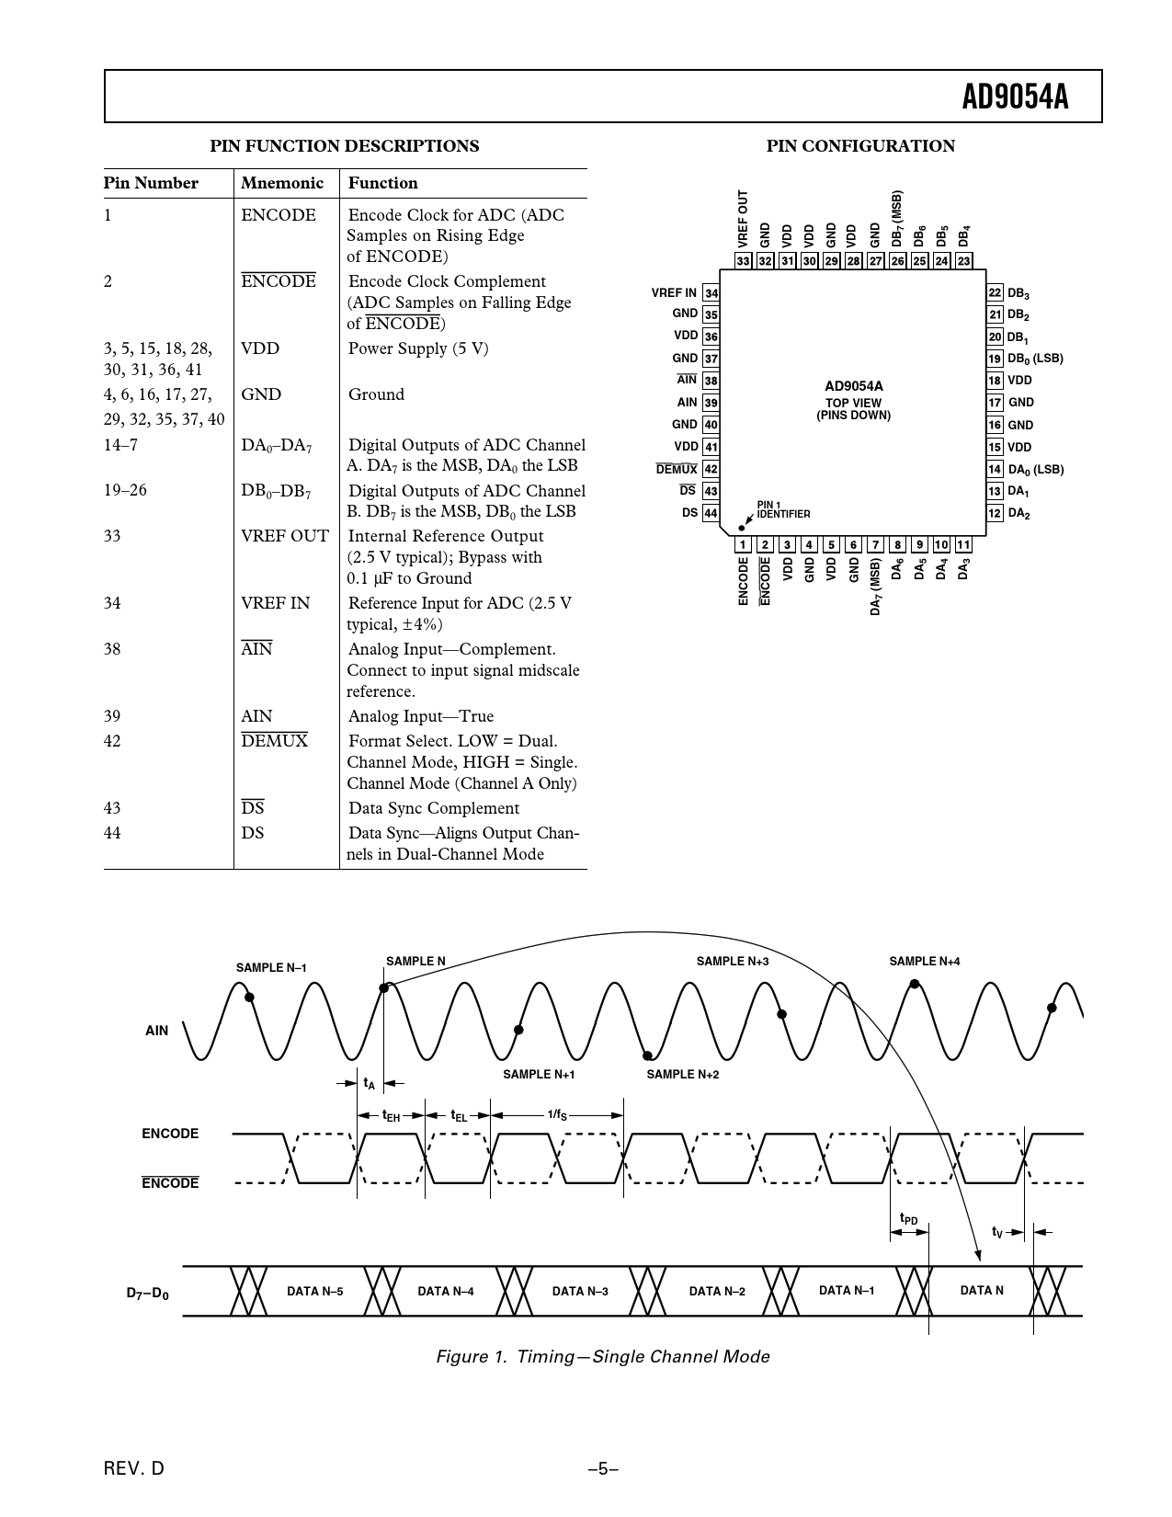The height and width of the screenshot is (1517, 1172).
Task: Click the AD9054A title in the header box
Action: [1015, 97]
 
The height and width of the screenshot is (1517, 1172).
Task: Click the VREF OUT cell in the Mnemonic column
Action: [284, 536]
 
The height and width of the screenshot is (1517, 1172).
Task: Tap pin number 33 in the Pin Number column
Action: [112, 536]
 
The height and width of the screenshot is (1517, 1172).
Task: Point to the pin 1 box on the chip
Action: [743, 544]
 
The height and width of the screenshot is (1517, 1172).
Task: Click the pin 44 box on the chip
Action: [711, 513]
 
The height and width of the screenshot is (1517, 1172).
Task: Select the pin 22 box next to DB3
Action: [995, 293]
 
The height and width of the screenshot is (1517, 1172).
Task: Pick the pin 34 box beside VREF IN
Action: [711, 293]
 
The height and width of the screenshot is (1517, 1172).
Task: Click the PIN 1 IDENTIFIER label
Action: [783, 509]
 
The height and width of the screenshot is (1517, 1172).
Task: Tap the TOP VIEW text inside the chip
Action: [853, 403]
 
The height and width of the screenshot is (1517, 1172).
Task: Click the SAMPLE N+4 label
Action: [924, 962]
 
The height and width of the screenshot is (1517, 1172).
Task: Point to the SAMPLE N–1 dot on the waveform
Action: [249, 997]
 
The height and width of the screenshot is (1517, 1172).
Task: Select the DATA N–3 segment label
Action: [580, 1292]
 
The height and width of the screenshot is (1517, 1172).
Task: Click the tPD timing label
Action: [908, 1219]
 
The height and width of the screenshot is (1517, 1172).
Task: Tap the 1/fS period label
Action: [557, 1115]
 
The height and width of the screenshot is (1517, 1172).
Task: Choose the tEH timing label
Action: [391, 1116]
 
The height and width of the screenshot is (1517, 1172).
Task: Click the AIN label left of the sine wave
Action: [157, 1031]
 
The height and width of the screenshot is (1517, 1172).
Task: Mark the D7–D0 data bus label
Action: [147, 1294]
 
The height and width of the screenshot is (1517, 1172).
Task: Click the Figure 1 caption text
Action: [602, 1356]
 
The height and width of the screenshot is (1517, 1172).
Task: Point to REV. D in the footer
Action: [134, 1468]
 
